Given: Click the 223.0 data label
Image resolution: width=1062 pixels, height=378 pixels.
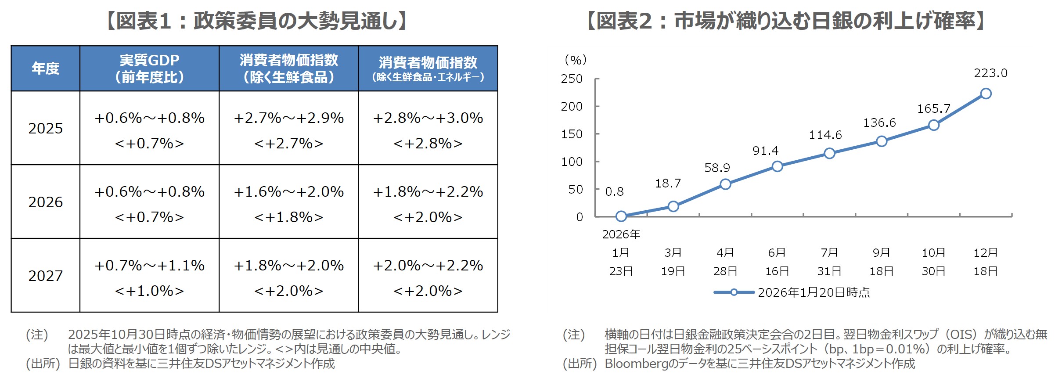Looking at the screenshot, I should click(990, 73).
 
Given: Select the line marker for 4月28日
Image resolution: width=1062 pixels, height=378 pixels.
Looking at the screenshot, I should click(725, 184).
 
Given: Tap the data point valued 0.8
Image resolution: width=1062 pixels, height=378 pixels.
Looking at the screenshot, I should click(621, 216).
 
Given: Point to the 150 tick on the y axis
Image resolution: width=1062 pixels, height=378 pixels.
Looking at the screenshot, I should click(572, 134).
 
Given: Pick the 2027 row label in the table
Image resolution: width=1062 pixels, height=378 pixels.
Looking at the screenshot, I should click(45, 276).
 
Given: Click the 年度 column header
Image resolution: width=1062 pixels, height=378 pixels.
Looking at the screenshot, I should click(45, 68).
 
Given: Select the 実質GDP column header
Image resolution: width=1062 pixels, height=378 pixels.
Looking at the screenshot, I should click(149, 68).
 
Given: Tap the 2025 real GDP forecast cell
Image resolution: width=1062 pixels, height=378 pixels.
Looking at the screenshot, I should click(149, 128).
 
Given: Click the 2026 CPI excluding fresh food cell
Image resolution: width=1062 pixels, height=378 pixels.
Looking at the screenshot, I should click(288, 202).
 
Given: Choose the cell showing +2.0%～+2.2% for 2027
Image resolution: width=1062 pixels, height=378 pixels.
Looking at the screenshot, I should click(428, 276).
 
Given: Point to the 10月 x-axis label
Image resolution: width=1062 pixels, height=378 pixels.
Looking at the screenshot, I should click(933, 253).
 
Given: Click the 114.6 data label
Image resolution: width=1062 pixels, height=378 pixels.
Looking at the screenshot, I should click(825, 135).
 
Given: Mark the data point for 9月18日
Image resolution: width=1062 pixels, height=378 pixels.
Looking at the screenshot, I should click(882, 141).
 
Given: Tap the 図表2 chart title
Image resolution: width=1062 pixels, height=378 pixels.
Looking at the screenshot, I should click(786, 21).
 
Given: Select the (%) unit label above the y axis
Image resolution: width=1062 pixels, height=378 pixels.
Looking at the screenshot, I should click(576, 60).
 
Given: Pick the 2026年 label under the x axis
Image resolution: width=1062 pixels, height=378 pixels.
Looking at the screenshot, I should click(621, 234).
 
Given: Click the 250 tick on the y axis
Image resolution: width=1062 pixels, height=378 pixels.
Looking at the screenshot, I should click(572, 79).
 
